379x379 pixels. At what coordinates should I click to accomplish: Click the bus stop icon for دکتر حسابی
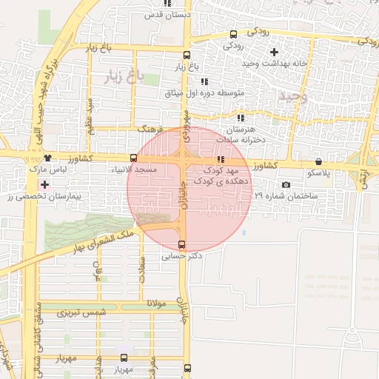182,245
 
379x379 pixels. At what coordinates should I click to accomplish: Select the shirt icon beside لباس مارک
48,158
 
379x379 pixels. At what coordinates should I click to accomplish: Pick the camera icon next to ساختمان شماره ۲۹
286,185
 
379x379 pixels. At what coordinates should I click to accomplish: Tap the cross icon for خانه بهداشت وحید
275,52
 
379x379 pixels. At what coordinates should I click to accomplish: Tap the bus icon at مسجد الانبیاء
133,158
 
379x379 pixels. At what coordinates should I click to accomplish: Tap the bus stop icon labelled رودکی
234,34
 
